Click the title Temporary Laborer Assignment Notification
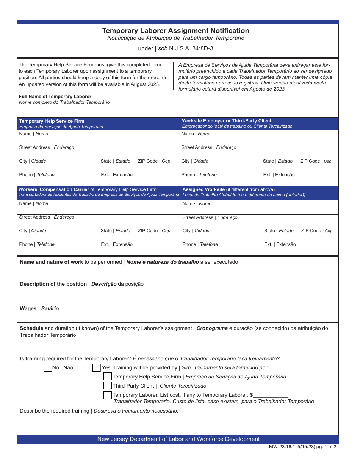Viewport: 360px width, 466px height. [x=175, y=31]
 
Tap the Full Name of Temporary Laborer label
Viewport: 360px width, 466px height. [x=55, y=97]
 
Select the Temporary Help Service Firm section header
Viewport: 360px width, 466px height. [x=52, y=121]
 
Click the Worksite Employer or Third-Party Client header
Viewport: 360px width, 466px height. [x=227, y=121]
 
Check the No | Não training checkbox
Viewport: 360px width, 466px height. [x=48, y=367]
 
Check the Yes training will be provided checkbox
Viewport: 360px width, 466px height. [x=96, y=367]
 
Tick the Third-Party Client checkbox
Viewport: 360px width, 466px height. [x=108, y=386]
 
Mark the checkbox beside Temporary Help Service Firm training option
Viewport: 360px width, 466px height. [x=108, y=377]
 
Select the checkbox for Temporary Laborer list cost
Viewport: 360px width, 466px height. [x=108, y=395]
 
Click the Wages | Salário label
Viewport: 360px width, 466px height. [x=39, y=308]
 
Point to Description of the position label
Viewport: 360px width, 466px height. [x=53, y=284]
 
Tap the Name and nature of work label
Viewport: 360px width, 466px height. [x=51, y=262]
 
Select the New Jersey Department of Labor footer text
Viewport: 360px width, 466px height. [x=178, y=439]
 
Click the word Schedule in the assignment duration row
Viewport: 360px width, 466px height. [x=31, y=328]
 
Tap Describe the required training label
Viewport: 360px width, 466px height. [x=54, y=411]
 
